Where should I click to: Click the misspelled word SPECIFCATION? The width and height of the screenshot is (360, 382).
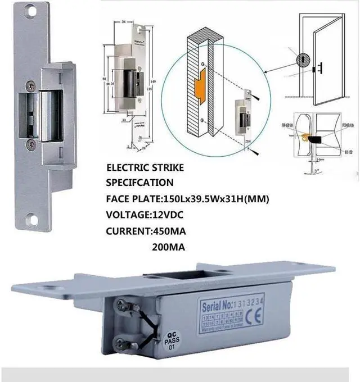(x=140, y=183)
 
